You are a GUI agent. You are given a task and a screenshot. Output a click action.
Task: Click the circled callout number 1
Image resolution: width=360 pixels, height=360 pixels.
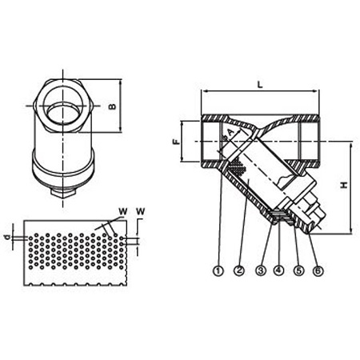pyautogui.click(x=218, y=270)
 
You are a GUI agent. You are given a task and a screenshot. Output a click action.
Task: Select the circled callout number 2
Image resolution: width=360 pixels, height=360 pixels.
pyautogui.click(x=239, y=270)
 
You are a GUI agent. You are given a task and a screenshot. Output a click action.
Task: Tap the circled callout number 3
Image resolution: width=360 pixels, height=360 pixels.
pyautogui.click(x=261, y=270)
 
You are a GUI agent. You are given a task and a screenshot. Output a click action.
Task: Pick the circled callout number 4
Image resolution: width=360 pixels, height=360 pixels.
pyautogui.click(x=278, y=270)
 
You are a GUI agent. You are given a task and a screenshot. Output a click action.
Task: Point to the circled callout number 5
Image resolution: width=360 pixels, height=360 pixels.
pyautogui.click(x=298, y=270)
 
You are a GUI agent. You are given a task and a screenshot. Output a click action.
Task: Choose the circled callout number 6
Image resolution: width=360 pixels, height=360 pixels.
pyautogui.click(x=318, y=270)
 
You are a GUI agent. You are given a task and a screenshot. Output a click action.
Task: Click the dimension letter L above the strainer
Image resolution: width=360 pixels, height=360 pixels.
pyautogui.click(x=260, y=84)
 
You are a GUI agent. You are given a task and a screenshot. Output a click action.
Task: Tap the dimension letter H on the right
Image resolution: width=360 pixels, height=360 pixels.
pyautogui.click(x=344, y=185)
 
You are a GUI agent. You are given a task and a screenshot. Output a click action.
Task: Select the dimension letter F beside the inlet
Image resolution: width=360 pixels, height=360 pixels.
pyautogui.click(x=176, y=142)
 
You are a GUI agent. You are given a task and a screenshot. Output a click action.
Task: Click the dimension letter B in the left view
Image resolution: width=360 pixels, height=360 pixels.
pyautogui.click(x=113, y=106)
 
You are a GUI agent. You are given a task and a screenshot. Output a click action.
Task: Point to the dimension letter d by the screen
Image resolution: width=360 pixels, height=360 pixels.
pyautogui.click(x=8, y=237)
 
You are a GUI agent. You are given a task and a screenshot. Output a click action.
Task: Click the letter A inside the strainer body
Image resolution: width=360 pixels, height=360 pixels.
pyautogui.click(x=230, y=133)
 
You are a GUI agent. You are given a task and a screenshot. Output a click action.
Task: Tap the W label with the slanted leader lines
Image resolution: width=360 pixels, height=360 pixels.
pyautogui.click(x=123, y=212)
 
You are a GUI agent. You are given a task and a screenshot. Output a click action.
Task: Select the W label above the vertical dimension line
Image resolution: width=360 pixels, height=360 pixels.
pyautogui.click(x=140, y=212)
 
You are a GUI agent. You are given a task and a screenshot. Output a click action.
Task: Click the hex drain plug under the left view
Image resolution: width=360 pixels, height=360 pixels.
pyautogui.click(x=63, y=193)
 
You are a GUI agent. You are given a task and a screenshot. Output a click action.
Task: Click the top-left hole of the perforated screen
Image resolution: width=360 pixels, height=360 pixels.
pyautogui.click(x=30, y=238)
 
